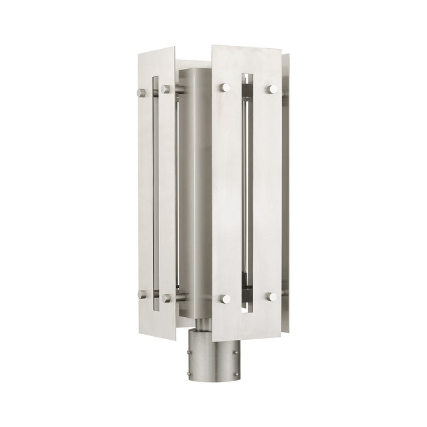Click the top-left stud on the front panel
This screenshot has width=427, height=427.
pyautogui.click(x=226, y=87)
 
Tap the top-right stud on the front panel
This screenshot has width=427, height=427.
pyautogui.click(x=271, y=89)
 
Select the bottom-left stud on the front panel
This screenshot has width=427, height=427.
pyautogui.click(x=226, y=298)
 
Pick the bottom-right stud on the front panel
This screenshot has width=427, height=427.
pyautogui.click(x=271, y=296)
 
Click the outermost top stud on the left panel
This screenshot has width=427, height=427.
pyautogui.click(x=142, y=93)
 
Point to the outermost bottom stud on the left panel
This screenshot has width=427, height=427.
pyautogui.click(x=142, y=294)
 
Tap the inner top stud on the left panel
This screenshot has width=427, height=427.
pyautogui.click(x=165, y=89)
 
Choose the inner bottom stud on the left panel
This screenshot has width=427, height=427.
pyautogui.click(x=165, y=298)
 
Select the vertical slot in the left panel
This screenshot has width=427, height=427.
pyautogui.click(x=156, y=192)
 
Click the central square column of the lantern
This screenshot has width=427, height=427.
pyautogui.click(x=196, y=195)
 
